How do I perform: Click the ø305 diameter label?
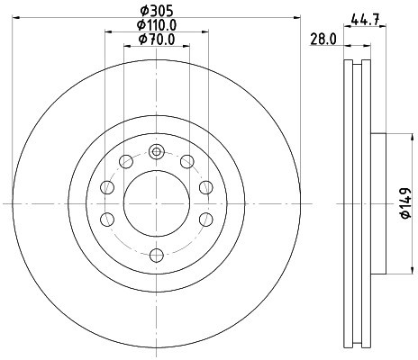click(157, 12)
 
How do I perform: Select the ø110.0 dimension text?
click(157, 25)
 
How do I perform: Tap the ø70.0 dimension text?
click(157, 40)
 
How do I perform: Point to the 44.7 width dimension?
click(365, 21)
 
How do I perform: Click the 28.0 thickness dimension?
click(323, 40)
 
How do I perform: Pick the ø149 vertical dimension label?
click(405, 203)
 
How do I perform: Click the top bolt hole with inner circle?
click(157, 151)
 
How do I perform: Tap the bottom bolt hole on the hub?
click(157, 256)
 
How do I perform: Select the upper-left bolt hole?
click(126, 162)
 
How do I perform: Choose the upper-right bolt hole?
click(187, 162)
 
